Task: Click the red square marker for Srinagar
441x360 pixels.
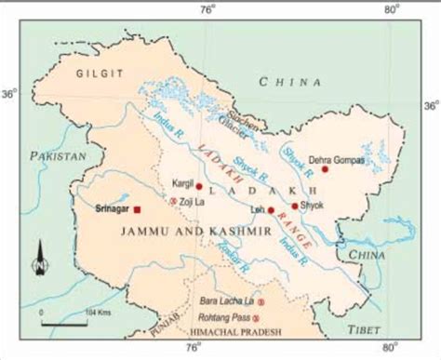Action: (138, 210)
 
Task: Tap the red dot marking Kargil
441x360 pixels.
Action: (199, 186)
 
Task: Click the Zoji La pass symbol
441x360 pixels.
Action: (173, 200)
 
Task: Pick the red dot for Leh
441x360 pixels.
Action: (271, 210)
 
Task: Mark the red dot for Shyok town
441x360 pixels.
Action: (295, 206)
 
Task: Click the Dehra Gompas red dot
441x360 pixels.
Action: (325, 168)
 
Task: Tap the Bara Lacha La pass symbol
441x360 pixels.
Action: (261, 302)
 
